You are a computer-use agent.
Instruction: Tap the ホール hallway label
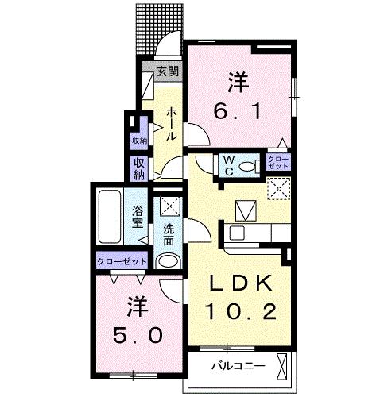[171, 125]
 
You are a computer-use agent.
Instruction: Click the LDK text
[238, 283]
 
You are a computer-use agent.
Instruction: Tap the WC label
[228, 165]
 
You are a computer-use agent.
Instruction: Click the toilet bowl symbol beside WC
[249, 165]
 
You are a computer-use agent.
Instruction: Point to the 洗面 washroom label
[169, 236]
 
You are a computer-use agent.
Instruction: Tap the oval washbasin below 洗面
[168, 263]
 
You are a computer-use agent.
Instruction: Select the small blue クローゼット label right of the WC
[278, 164]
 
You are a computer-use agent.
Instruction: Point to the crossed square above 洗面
[169, 207]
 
